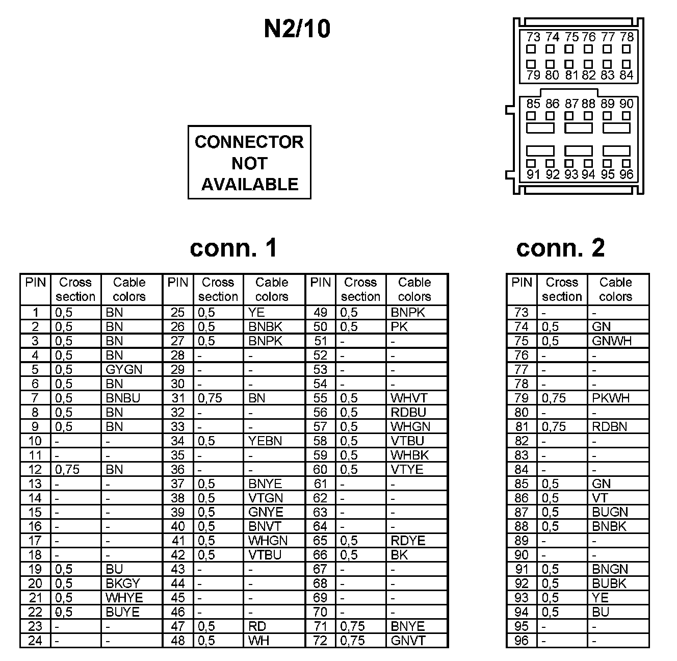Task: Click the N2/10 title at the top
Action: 297,29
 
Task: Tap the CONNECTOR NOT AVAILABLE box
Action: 249,162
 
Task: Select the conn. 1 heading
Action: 233,248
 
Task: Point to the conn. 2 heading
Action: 560,248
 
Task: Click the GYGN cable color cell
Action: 124,369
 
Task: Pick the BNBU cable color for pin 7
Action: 122,398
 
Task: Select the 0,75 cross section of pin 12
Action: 67,469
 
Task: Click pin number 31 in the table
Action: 177,398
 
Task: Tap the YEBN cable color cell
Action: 265,441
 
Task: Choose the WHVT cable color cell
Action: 409,398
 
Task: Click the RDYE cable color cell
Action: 408,541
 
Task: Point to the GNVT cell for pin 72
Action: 408,641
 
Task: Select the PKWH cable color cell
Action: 611,398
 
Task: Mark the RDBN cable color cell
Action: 610,426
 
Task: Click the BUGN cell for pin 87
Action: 610,512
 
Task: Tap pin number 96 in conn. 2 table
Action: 522,641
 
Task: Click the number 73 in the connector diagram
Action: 533,37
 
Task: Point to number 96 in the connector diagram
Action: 627,174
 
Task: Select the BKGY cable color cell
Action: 122,583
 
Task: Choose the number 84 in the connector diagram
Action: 627,75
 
